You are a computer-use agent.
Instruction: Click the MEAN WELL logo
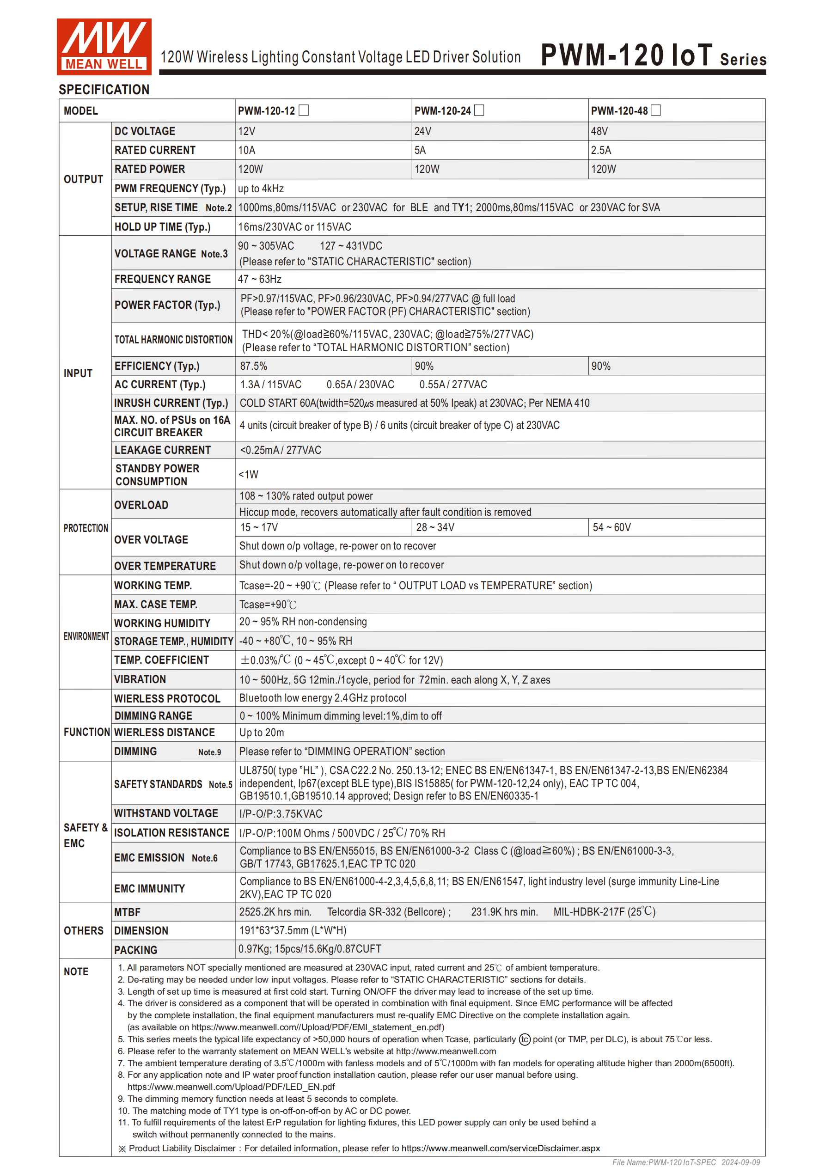click(x=104, y=46)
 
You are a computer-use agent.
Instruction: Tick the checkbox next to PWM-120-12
click(x=304, y=110)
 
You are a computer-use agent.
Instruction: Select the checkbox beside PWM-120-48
click(x=656, y=110)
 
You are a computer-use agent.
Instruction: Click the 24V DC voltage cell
click(x=423, y=131)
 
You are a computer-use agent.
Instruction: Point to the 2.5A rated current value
click(x=601, y=150)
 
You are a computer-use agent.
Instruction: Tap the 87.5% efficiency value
click(x=254, y=366)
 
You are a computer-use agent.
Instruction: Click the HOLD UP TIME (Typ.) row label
click(x=162, y=226)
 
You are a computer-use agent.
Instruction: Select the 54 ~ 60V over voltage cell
click(x=611, y=527)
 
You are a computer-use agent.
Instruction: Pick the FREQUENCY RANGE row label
click(x=162, y=279)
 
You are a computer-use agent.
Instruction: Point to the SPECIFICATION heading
click(x=104, y=90)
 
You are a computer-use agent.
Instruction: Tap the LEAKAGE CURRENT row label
click(x=162, y=450)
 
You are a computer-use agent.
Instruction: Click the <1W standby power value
click(x=249, y=474)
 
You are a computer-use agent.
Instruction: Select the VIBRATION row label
click(x=140, y=679)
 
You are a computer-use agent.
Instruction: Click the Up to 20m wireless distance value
click(x=262, y=733)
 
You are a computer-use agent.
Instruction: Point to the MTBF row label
click(x=127, y=912)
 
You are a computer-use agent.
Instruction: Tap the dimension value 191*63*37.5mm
click(x=293, y=930)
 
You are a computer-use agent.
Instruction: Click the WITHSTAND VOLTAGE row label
click(x=166, y=813)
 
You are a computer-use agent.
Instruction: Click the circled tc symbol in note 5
click(x=525, y=1039)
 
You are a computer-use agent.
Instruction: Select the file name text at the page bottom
click(x=686, y=1162)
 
